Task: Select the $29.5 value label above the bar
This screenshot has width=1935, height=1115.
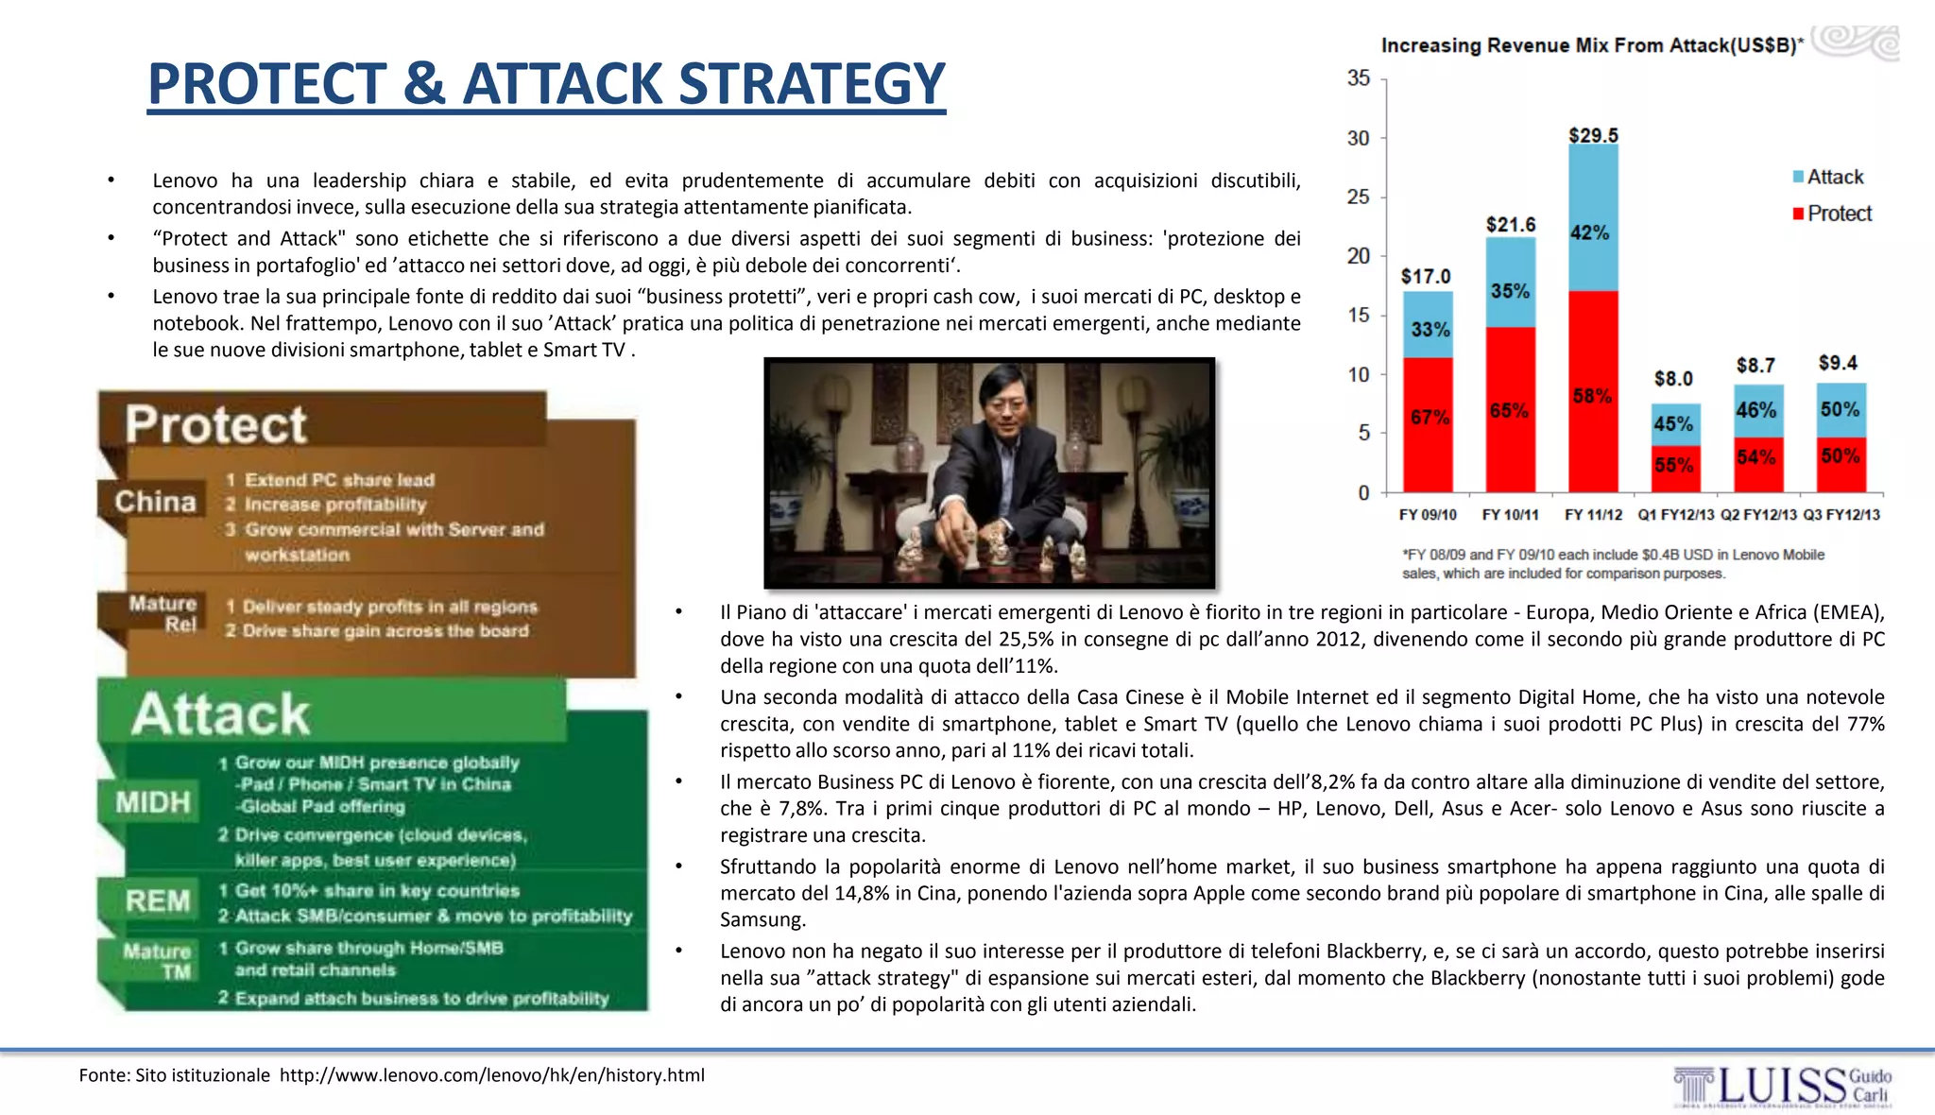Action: (x=1593, y=135)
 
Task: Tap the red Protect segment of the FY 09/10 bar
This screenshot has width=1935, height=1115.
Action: (x=1428, y=425)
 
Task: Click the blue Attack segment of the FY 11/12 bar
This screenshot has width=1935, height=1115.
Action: (x=1593, y=217)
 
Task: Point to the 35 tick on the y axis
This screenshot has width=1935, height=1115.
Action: (x=1359, y=78)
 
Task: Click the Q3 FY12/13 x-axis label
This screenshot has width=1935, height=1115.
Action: (x=1841, y=515)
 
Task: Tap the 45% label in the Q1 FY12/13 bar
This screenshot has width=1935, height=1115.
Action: (x=1673, y=424)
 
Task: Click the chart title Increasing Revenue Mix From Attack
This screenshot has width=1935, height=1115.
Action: (x=1591, y=45)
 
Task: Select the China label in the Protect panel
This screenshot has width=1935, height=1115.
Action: (x=155, y=502)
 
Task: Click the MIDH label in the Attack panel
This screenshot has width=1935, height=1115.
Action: (x=153, y=802)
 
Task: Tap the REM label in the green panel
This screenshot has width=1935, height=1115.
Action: (x=157, y=901)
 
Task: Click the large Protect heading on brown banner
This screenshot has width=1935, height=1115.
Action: (x=215, y=424)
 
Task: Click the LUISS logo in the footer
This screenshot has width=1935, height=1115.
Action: (x=1782, y=1087)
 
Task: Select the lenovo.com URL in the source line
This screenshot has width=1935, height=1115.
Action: (x=491, y=1075)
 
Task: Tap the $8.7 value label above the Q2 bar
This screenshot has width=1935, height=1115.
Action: (x=1755, y=366)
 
